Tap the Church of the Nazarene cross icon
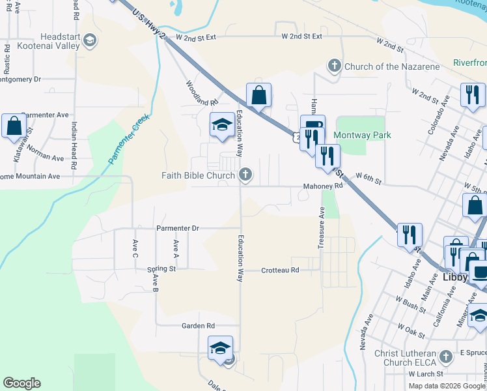(x=334, y=66)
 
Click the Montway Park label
(x=362, y=135)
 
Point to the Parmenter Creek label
(x=129, y=139)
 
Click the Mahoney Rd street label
(x=322, y=186)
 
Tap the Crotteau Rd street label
(x=280, y=270)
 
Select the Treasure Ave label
(x=321, y=228)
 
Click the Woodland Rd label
(x=201, y=93)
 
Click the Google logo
(x=21, y=383)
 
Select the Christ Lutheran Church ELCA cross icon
(x=445, y=356)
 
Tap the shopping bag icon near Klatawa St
(x=14, y=126)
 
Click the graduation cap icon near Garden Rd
(x=220, y=348)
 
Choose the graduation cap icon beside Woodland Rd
(x=222, y=124)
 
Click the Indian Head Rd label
(x=74, y=145)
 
